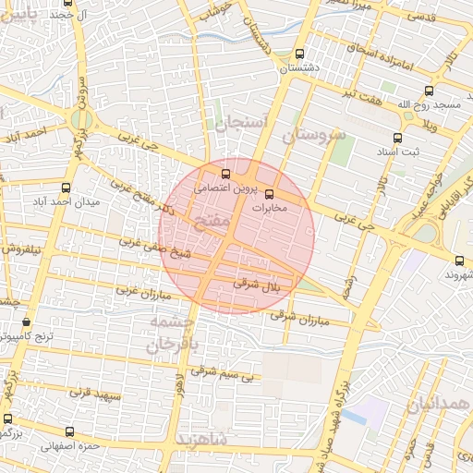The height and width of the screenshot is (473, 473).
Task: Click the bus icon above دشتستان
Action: coord(297,54)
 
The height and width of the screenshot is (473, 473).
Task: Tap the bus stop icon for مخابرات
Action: coord(270,195)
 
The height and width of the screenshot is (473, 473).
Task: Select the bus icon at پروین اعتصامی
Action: coord(225,173)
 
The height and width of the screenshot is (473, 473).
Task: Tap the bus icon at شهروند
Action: coord(459,261)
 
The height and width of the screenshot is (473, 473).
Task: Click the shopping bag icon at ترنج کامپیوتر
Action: coord(26,322)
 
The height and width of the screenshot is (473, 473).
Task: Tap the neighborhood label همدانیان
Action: coord(438,405)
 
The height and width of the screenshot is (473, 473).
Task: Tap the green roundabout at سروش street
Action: coord(81,118)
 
